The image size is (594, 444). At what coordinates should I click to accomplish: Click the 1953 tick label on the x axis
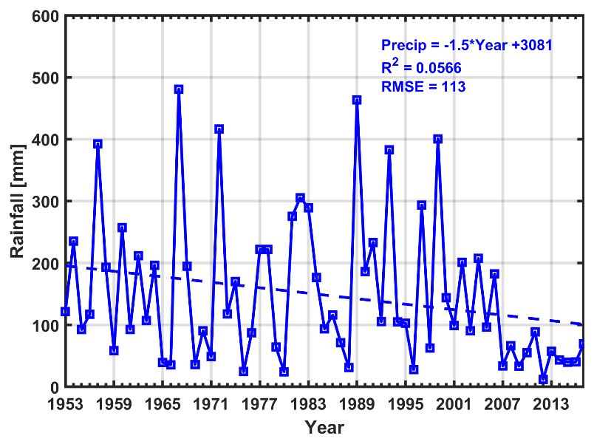[x=65, y=404]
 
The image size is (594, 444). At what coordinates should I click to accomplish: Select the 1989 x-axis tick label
[x=357, y=404]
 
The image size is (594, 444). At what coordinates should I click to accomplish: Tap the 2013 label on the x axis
[x=551, y=404]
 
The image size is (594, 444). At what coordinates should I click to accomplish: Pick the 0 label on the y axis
[x=54, y=388]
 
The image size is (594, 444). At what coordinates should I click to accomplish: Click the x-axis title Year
[x=324, y=426]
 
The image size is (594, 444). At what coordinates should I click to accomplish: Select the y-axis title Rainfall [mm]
[x=17, y=201]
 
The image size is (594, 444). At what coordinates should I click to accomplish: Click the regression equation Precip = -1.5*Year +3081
[x=467, y=45]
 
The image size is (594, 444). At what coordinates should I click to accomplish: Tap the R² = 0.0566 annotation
[x=421, y=66]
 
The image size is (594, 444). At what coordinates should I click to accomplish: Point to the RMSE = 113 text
[x=423, y=86]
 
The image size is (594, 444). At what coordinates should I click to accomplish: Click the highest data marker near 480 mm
[x=179, y=89]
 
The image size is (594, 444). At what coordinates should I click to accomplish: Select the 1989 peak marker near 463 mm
[x=357, y=100]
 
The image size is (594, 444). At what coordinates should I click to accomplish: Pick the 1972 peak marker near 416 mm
[x=219, y=129]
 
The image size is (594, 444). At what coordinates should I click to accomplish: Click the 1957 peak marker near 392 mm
[x=98, y=144]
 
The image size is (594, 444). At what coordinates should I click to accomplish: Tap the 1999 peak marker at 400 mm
[x=438, y=139]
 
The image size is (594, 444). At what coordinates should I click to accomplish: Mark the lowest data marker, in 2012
[x=543, y=380]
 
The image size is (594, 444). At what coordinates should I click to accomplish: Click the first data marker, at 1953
[x=65, y=312]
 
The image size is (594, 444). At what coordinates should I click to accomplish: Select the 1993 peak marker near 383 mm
[x=389, y=150]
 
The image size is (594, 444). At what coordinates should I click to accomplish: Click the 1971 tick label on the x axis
[x=211, y=404]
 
